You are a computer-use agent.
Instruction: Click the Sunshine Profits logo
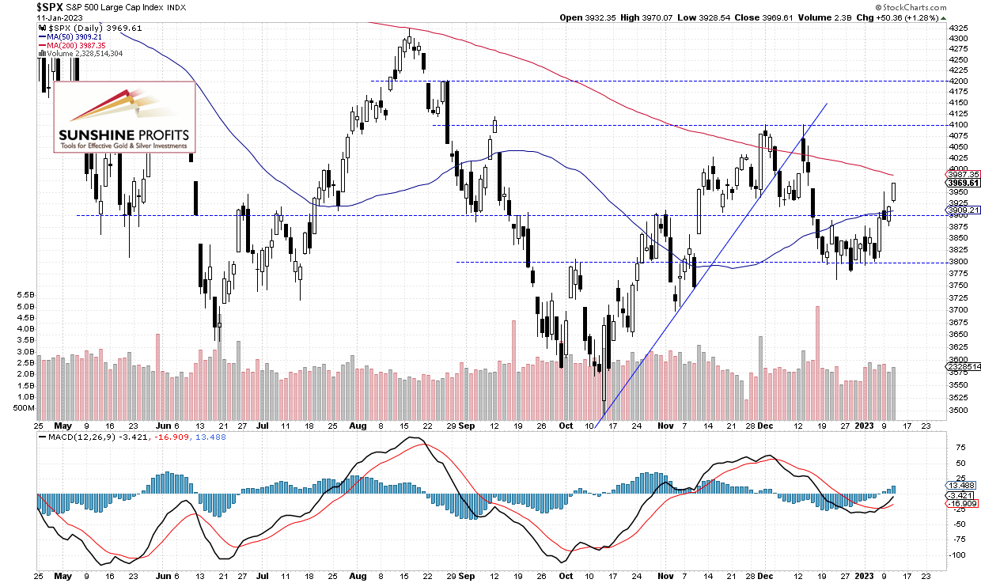[123, 116]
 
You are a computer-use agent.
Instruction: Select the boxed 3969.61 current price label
[964, 183]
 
